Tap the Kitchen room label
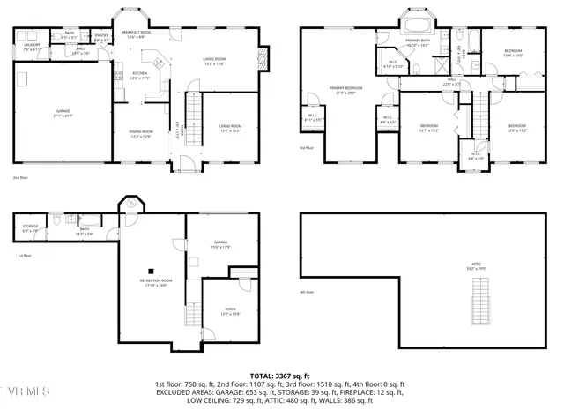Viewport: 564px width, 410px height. tap(140, 75)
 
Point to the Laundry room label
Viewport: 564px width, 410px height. tap(32, 46)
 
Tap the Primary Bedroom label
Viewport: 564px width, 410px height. tap(345, 90)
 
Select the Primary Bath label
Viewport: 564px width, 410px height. tap(417, 43)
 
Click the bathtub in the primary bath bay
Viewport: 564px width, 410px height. tap(414, 22)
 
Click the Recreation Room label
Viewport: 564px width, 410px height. tap(155, 282)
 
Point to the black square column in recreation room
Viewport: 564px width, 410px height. tap(152, 271)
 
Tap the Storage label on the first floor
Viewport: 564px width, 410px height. tap(29, 228)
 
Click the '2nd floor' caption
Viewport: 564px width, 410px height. tap(20, 177)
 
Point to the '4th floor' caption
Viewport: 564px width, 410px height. tap(307, 293)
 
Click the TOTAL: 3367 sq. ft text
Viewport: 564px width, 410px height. tap(280, 374)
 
